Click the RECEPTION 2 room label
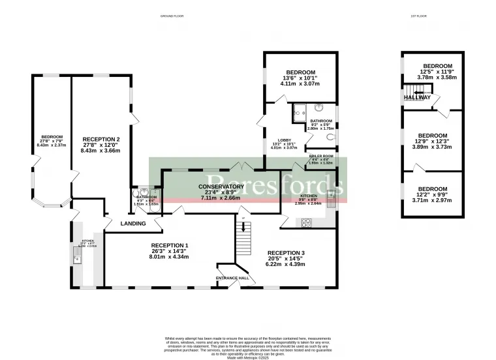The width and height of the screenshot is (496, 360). [x=101, y=139]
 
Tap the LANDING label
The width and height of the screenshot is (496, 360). [x=133, y=224]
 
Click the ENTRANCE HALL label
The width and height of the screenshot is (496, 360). [x=232, y=278]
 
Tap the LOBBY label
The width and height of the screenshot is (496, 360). [x=285, y=140]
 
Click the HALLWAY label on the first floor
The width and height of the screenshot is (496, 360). [x=417, y=97]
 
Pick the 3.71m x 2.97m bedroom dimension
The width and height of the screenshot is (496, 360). [x=432, y=201]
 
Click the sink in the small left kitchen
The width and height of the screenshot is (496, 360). [x=78, y=259]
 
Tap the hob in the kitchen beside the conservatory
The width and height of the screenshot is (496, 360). [x=306, y=222]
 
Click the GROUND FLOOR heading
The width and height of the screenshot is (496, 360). [x=173, y=16]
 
